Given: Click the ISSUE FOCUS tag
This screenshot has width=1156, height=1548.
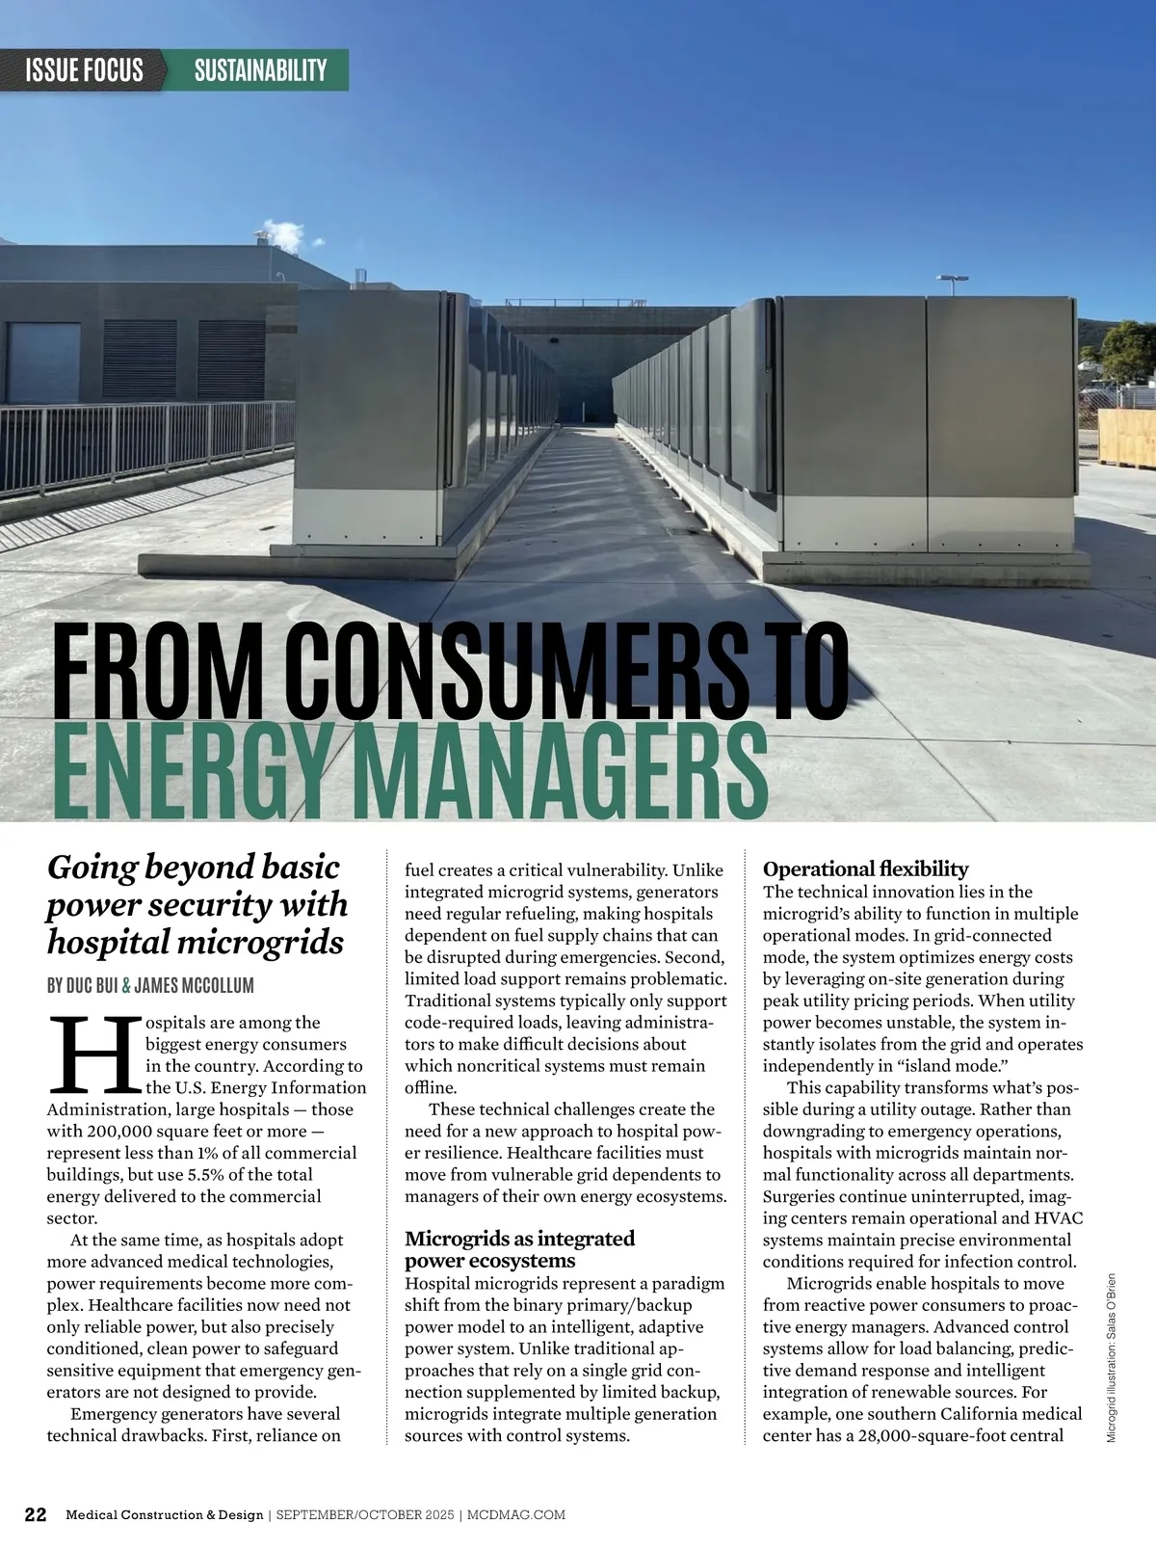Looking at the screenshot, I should click(x=85, y=69).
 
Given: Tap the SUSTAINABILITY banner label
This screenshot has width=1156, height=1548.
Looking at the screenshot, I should click(x=260, y=69).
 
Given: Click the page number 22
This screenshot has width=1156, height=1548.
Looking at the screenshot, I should click(x=35, y=1514).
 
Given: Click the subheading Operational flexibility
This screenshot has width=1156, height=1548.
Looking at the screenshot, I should click(x=865, y=869).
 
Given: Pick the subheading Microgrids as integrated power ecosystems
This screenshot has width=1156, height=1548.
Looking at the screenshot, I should click(x=519, y=1249).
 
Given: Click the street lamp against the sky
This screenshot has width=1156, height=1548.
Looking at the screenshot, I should click(x=953, y=282).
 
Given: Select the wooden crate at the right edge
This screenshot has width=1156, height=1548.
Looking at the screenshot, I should click(x=1126, y=439).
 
